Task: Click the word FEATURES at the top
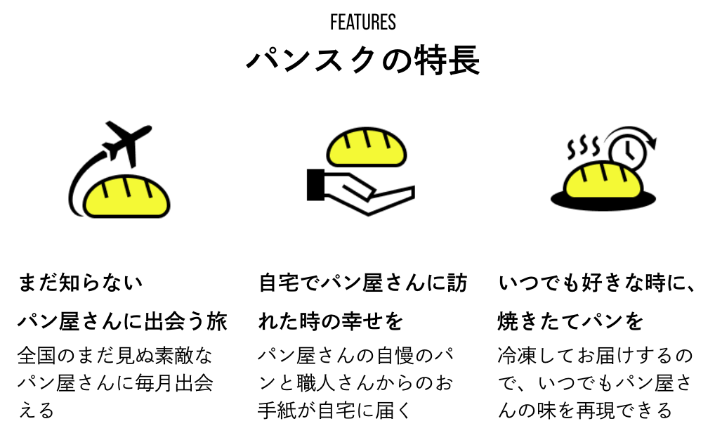tap(362, 22)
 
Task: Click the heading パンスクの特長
tap(362, 60)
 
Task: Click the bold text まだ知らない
tap(80, 283)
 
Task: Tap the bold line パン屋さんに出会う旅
tap(122, 322)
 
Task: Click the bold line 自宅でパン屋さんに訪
tap(362, 283)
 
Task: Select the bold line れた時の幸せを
tap(331, 322)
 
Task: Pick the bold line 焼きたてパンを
tap(570, 322)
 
